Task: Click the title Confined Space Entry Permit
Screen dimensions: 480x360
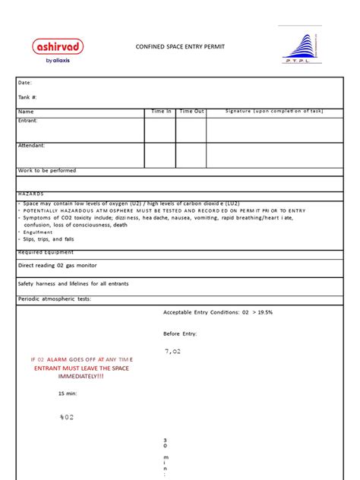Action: tap(180, 47)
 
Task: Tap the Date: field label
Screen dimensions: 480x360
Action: tap(25, 82)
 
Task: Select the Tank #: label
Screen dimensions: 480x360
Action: tap(27, 97)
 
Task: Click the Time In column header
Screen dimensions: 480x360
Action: tap(161, 112)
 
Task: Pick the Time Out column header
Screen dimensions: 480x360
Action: tap(191, 112)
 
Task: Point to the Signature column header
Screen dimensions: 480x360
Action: tap(273, 112)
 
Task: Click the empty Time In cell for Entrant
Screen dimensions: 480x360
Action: tap(161, 129)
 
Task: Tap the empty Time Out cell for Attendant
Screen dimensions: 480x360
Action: tap(191, 155)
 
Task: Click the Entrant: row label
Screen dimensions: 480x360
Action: tap(28, 120)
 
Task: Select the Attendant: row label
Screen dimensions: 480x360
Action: tap(31, 145)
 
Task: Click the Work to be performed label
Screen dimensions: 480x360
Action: tap(47, 171)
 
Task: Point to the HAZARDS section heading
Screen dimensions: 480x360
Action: tap(31, 194)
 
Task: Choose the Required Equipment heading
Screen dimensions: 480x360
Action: tap(46, 251)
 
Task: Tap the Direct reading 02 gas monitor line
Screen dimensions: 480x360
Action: tap(58, 266)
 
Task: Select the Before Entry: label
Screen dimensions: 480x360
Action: tap(180, 333)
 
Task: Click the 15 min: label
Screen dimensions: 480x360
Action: tap(68, 393)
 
